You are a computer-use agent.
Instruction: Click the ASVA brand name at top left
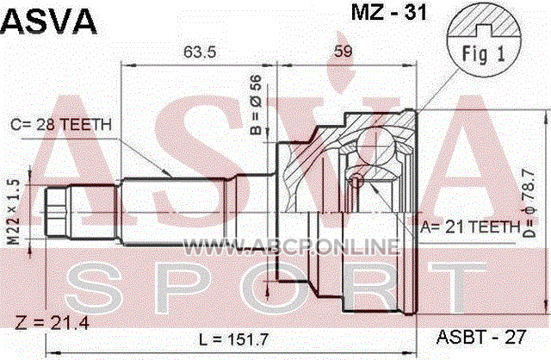48,21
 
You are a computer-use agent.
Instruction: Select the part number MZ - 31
389,12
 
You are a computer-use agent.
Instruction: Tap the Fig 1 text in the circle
483,53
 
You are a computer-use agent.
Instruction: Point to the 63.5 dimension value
200,52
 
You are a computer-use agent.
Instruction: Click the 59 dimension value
343,52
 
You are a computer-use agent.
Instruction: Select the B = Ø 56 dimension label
257,105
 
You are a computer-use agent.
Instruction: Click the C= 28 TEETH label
61,125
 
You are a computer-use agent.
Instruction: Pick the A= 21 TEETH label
470,227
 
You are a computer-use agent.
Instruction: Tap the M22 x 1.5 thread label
14,212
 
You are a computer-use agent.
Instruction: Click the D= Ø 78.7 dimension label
529,203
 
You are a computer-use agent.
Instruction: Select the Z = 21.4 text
52,322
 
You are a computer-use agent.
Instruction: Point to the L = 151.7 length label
233,339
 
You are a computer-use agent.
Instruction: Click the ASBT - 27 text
481,337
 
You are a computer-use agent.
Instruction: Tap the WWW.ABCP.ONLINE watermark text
292,246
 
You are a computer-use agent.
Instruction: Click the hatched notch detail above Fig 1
484,24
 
